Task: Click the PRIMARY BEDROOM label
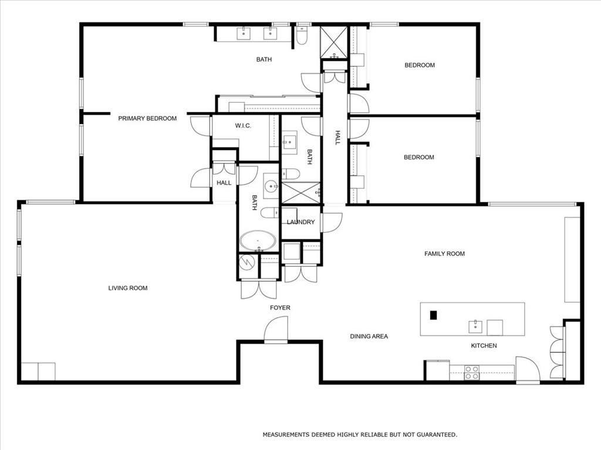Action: pyautogui.click(x=147, y=118)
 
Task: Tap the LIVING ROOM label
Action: pyautogui.click(x=128, y=288)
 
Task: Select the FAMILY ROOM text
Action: pyautogui.click(x=444, y=254)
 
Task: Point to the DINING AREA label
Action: pyautogui.click(x=369, y=336)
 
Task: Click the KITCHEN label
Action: pyautogui.click(x=484, y=346)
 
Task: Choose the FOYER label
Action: pyautogui.click(x=280, y=308)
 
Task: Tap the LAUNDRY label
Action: pyautogui.click(x=300, y=222)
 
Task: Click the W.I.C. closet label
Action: pyautogui.click(x=243, y=125)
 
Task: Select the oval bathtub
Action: pyautogui.click(x=258, y=241)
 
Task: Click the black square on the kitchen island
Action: pyautogui.click(x=434, y=315)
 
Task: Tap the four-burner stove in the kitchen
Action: pyautogui.click(x=472, y=372)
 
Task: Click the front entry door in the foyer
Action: pyautogui.click(x=276, y=329)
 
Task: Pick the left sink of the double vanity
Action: pyautogui.click(x=244, y=33)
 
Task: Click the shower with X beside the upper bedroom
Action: pyautogui.click(x=334, y=43)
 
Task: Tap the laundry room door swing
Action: pyautogui.click(x=332, y=221)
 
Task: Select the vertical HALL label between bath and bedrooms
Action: pyautogui.click(x=337, y=138)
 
